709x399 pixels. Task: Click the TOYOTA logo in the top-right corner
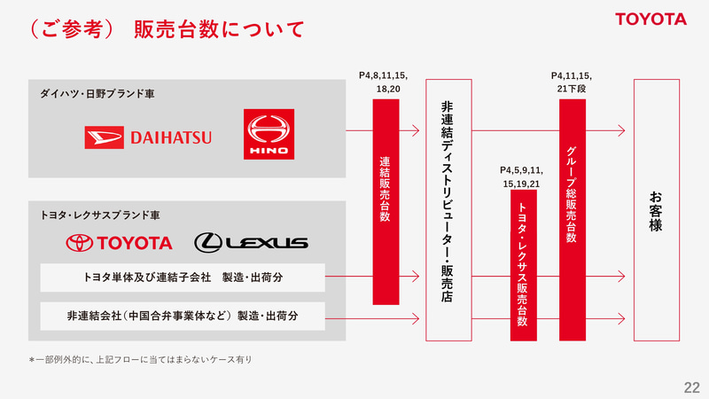point(651,19)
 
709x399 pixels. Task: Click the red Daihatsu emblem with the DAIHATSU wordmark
point(148,137)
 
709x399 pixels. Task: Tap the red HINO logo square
point(269,134)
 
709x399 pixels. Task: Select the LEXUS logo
point(252,242)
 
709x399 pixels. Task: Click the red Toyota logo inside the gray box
point(119,243)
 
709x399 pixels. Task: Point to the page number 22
point(692,387)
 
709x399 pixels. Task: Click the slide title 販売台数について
point(219,29)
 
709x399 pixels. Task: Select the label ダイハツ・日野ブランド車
point(97,94)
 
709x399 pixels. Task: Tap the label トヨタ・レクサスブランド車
point(100,215)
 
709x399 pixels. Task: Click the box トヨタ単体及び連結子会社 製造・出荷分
point(183,278)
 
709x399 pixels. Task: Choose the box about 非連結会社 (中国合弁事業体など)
point(183,316)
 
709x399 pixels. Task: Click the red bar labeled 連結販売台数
point(386,202)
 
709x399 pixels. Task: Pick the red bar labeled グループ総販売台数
point(573,220)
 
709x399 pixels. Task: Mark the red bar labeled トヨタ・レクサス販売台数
point(524,265)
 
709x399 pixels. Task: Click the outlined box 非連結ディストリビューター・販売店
point(448,210)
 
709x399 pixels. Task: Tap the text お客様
point(656,211)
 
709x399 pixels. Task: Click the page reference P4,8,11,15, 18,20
point(384,82)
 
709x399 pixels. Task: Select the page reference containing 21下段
point(572,82)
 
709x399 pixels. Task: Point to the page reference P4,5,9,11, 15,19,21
point(521,176)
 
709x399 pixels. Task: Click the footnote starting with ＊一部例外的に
point(141,360)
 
